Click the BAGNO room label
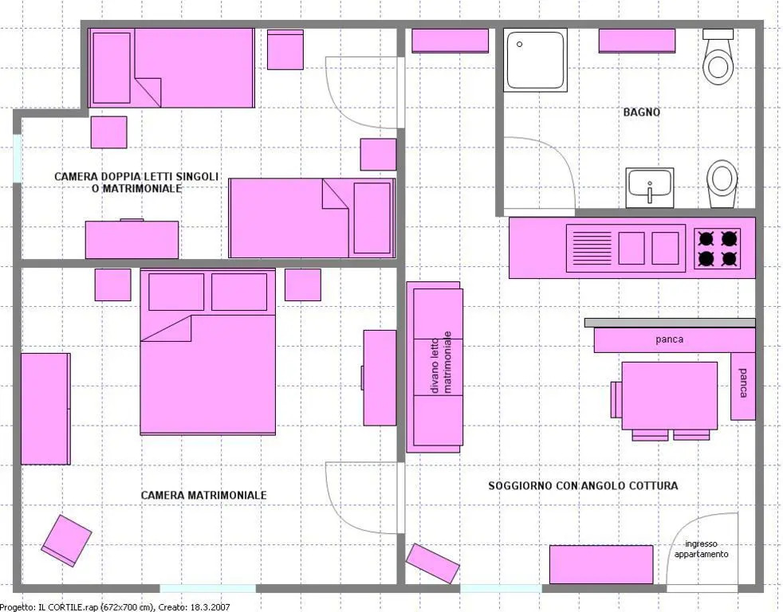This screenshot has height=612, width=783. coord(642,112)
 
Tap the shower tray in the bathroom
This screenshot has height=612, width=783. coord(535,60)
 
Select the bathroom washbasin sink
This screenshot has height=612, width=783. coord(650,188)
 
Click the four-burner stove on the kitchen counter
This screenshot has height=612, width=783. coord(717,249)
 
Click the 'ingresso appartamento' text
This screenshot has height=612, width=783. coord(701,549)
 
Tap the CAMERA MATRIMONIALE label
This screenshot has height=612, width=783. coord(204,495)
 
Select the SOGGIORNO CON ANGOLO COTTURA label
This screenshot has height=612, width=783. coord(583,486)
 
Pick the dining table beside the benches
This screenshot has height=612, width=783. coord(670,395)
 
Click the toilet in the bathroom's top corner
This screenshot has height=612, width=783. coord(718,57)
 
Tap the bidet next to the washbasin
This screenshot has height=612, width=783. coord(722,184)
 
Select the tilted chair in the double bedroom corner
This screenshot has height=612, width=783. coord(66,540)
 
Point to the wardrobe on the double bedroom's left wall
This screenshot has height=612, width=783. coord(45,409)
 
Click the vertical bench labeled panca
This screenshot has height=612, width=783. coord(743,386)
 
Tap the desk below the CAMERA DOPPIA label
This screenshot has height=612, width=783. coord(132,240)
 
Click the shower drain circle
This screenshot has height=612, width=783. coord(519,45)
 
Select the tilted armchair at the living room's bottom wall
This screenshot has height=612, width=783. coord(432,563)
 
